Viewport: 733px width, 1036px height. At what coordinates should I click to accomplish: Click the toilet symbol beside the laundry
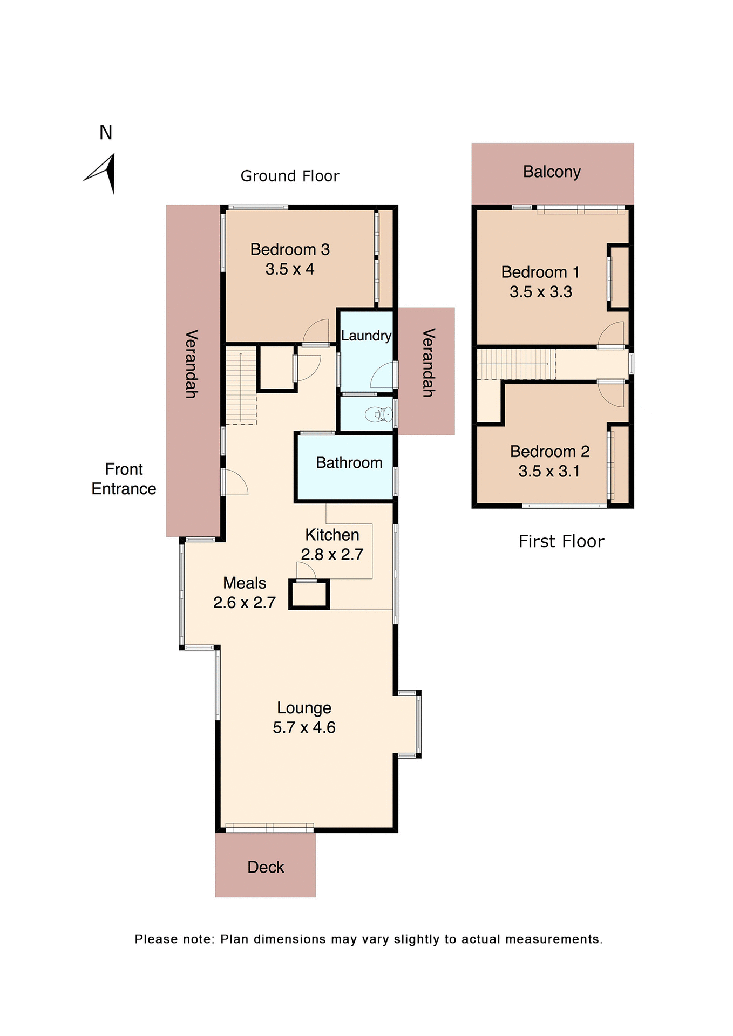coord(378,414)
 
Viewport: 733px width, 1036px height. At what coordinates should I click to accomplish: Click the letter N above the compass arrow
coord(106,133)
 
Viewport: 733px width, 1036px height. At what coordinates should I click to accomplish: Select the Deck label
coord(266,867)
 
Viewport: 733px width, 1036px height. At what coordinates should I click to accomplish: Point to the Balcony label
coord(552,172)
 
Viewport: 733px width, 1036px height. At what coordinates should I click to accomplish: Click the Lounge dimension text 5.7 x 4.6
coord(304,727)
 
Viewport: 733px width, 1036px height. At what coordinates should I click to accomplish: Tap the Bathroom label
coord(349,463)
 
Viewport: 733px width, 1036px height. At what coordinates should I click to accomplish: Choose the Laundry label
coord(366,336)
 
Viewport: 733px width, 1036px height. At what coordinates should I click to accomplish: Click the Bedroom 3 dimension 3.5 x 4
coord(290,269)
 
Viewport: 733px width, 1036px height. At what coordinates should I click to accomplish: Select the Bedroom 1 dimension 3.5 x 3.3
coord(541,292)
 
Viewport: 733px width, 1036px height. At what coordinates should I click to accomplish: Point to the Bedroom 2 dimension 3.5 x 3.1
coord(549,471)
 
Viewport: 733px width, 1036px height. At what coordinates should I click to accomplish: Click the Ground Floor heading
coord(290,176)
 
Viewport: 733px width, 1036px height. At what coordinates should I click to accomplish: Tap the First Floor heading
coord(561,541)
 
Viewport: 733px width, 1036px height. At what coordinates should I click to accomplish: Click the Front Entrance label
coord(124,479)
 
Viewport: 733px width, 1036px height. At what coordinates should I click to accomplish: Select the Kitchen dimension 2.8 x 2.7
coord(332,554)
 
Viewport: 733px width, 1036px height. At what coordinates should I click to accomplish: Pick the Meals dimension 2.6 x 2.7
coord(245,602)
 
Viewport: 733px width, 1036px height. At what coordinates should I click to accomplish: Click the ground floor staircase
coord(241,386)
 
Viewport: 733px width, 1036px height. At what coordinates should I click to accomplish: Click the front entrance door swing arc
coord(236,482)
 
